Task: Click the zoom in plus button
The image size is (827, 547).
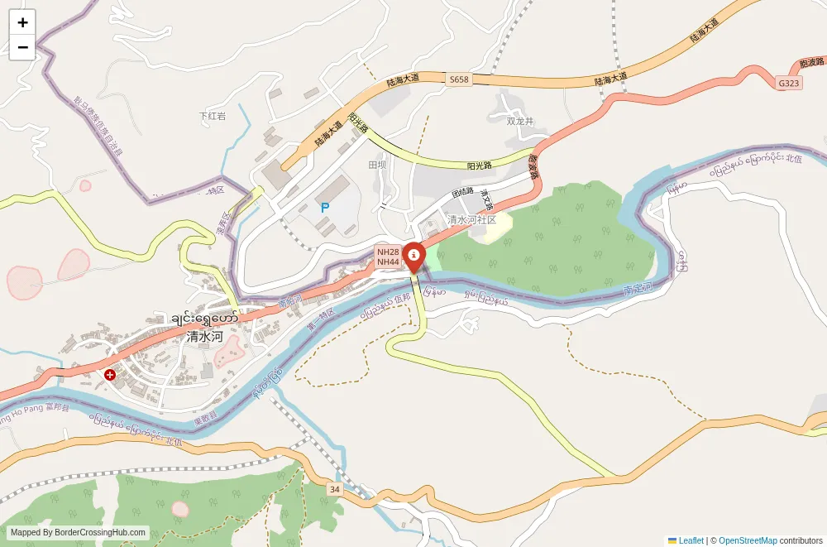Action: click(x=22, y=22)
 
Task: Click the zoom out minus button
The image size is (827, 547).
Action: click(x=22, y=47)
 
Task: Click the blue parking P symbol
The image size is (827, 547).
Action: click(x=325, y=208)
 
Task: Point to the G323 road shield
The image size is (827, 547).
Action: click(x=789, y=84)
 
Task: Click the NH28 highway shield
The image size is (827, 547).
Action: click(x=388, y=252)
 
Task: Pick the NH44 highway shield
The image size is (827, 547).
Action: click(x=388, y=262)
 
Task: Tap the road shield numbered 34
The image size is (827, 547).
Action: click(x=334, y=489)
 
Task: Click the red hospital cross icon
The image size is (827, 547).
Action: click(x=109, y=375)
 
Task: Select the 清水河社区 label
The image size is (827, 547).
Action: click(x=471, y=220)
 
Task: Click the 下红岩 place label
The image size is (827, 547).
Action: click(x=213, y=116)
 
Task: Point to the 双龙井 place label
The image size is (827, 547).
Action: click(x=520, y=121)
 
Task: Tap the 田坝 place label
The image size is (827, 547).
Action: click(x=377, y=165)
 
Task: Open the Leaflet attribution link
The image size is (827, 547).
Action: click(x=691, y=540)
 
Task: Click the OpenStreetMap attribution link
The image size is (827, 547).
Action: click(x=748, y=540)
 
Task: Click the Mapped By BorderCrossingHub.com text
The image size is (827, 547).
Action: click(x=79, y=533)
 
